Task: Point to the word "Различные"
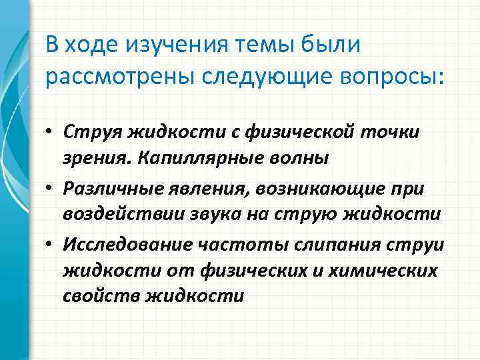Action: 107,189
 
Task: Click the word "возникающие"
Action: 317,189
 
